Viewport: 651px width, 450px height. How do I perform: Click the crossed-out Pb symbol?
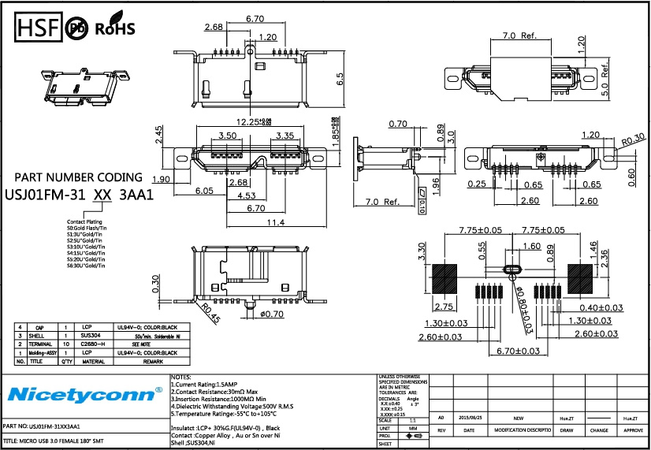point(77,29)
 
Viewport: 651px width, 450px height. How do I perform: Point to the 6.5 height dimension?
point(340,80)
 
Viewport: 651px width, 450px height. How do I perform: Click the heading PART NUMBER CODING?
point(79,177)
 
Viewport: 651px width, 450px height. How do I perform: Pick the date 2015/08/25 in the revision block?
point(471,418)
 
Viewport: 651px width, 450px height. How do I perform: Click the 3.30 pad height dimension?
point(422,251)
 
